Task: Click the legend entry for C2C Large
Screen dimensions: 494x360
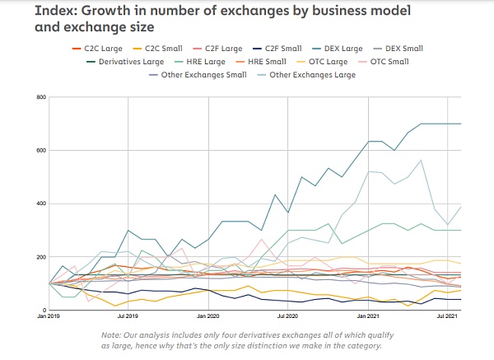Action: pyautogui.click(x=97, y=49)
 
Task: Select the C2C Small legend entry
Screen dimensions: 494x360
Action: pyautogui.click(x=157, y=49)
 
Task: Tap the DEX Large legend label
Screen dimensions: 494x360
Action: pyautogui.click(x=338, y=49)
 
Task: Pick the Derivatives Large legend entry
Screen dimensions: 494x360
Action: pyautogui.click(x=125, y=62)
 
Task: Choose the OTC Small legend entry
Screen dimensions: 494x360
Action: pyautogui.click(x=384, y=62)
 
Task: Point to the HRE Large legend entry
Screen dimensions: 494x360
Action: pyautogui.click(x=200, y=62)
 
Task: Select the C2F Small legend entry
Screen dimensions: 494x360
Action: pyautogui.click(x=277, y=49)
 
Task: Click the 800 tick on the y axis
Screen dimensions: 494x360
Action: pyautogui.click(x=42, y=97)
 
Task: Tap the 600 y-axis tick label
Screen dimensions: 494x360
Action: pyautogui.click(x=42, y=151)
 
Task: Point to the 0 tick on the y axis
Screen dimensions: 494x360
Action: pyautogui.click(x=44, y=311)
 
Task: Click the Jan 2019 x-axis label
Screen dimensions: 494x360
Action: pyautogui.click(x=48, y=316)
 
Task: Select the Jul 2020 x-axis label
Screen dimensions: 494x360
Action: pyautogui.click(x=287, y=316)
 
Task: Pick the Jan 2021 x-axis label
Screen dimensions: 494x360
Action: pyautogui.click(x=368, y=316)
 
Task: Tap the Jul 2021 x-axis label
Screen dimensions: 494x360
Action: pyautogui.click(x=447, y=316)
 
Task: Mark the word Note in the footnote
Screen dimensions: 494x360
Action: pyautogui.click(x=111, y=335)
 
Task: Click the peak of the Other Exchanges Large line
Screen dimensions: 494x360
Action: pyautogui.click(x=421, y=160)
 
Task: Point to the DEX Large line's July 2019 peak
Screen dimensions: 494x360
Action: pyautogui.click(x=128, y=231)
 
